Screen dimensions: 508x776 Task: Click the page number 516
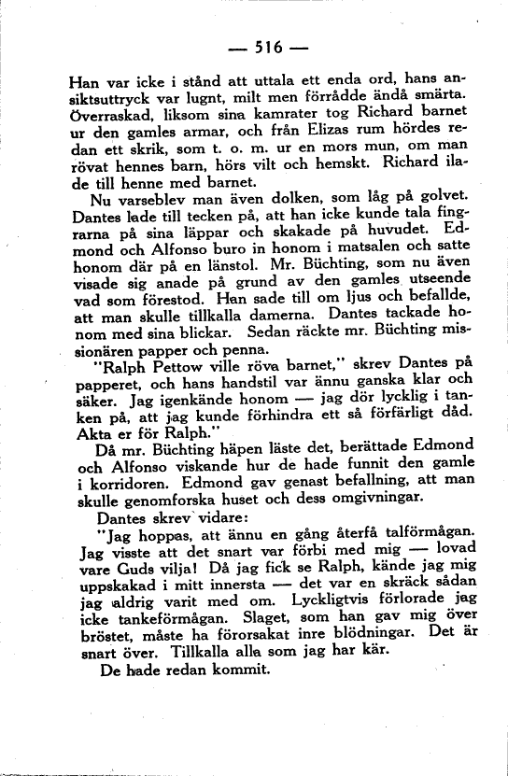255,43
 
